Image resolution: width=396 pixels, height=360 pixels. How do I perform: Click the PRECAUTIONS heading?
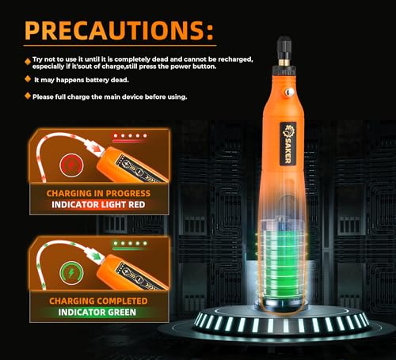point(119,30)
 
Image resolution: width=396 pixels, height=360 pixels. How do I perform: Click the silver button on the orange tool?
point(290,92)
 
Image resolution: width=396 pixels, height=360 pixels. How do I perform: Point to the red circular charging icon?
point(71,165)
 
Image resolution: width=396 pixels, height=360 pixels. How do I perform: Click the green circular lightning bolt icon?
point(71,273)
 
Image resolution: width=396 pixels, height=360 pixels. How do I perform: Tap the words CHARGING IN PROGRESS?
point(98,193)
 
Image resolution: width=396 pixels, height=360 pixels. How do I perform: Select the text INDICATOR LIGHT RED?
point(98,205)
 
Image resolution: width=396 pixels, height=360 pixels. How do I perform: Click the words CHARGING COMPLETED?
point(98,301)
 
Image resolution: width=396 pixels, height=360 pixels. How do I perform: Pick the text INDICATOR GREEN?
point(97,313)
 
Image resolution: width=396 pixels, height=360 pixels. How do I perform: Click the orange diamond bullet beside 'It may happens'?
point(28,79)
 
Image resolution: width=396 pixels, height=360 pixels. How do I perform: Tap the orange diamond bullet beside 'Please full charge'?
point(28,96)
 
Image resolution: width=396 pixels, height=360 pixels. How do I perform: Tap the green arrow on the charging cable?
point(97,255)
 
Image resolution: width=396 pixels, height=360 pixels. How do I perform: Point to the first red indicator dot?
point(116,135)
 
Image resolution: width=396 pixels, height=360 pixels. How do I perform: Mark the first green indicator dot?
point(116,243)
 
